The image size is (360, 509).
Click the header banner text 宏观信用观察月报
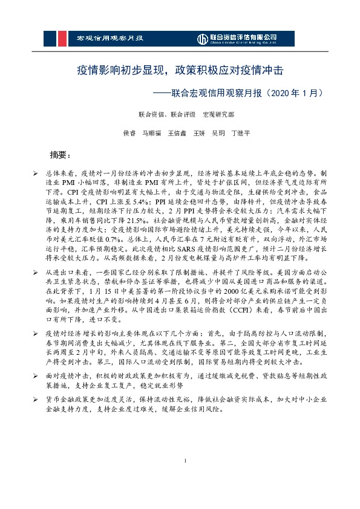[x=110, y=39]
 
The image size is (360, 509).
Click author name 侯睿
[x=129, y=132]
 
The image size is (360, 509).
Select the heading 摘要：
[x=61, y=154]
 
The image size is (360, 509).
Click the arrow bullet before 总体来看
[x=36, y=172]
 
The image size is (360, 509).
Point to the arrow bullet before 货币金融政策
[x=36, y=400]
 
